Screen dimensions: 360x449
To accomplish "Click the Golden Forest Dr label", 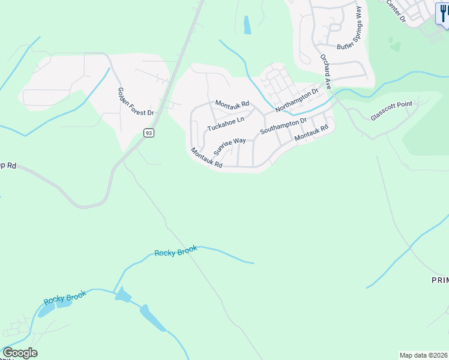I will (136, 101).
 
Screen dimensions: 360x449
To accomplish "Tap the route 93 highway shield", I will (149, 133).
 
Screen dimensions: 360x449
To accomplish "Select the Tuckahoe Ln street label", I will (226, 124).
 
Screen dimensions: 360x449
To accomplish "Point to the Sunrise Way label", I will (230, 146).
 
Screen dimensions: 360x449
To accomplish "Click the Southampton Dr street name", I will (283, 125).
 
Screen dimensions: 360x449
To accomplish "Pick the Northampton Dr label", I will (297, 100).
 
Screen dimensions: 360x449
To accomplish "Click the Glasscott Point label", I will (391, 111).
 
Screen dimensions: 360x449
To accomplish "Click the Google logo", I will (20, 353).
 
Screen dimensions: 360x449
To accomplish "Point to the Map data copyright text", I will (423, 355).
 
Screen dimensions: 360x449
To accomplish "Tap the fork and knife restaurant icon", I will (443, 13).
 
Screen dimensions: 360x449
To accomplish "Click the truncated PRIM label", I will (440, 280).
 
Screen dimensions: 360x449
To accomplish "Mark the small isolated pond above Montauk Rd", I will (247, 25).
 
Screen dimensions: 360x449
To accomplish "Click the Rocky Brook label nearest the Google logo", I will (65, 298).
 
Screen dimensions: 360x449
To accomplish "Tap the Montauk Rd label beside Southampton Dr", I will (312, 133).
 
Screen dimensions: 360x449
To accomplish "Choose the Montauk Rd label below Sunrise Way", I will (206, 157).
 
